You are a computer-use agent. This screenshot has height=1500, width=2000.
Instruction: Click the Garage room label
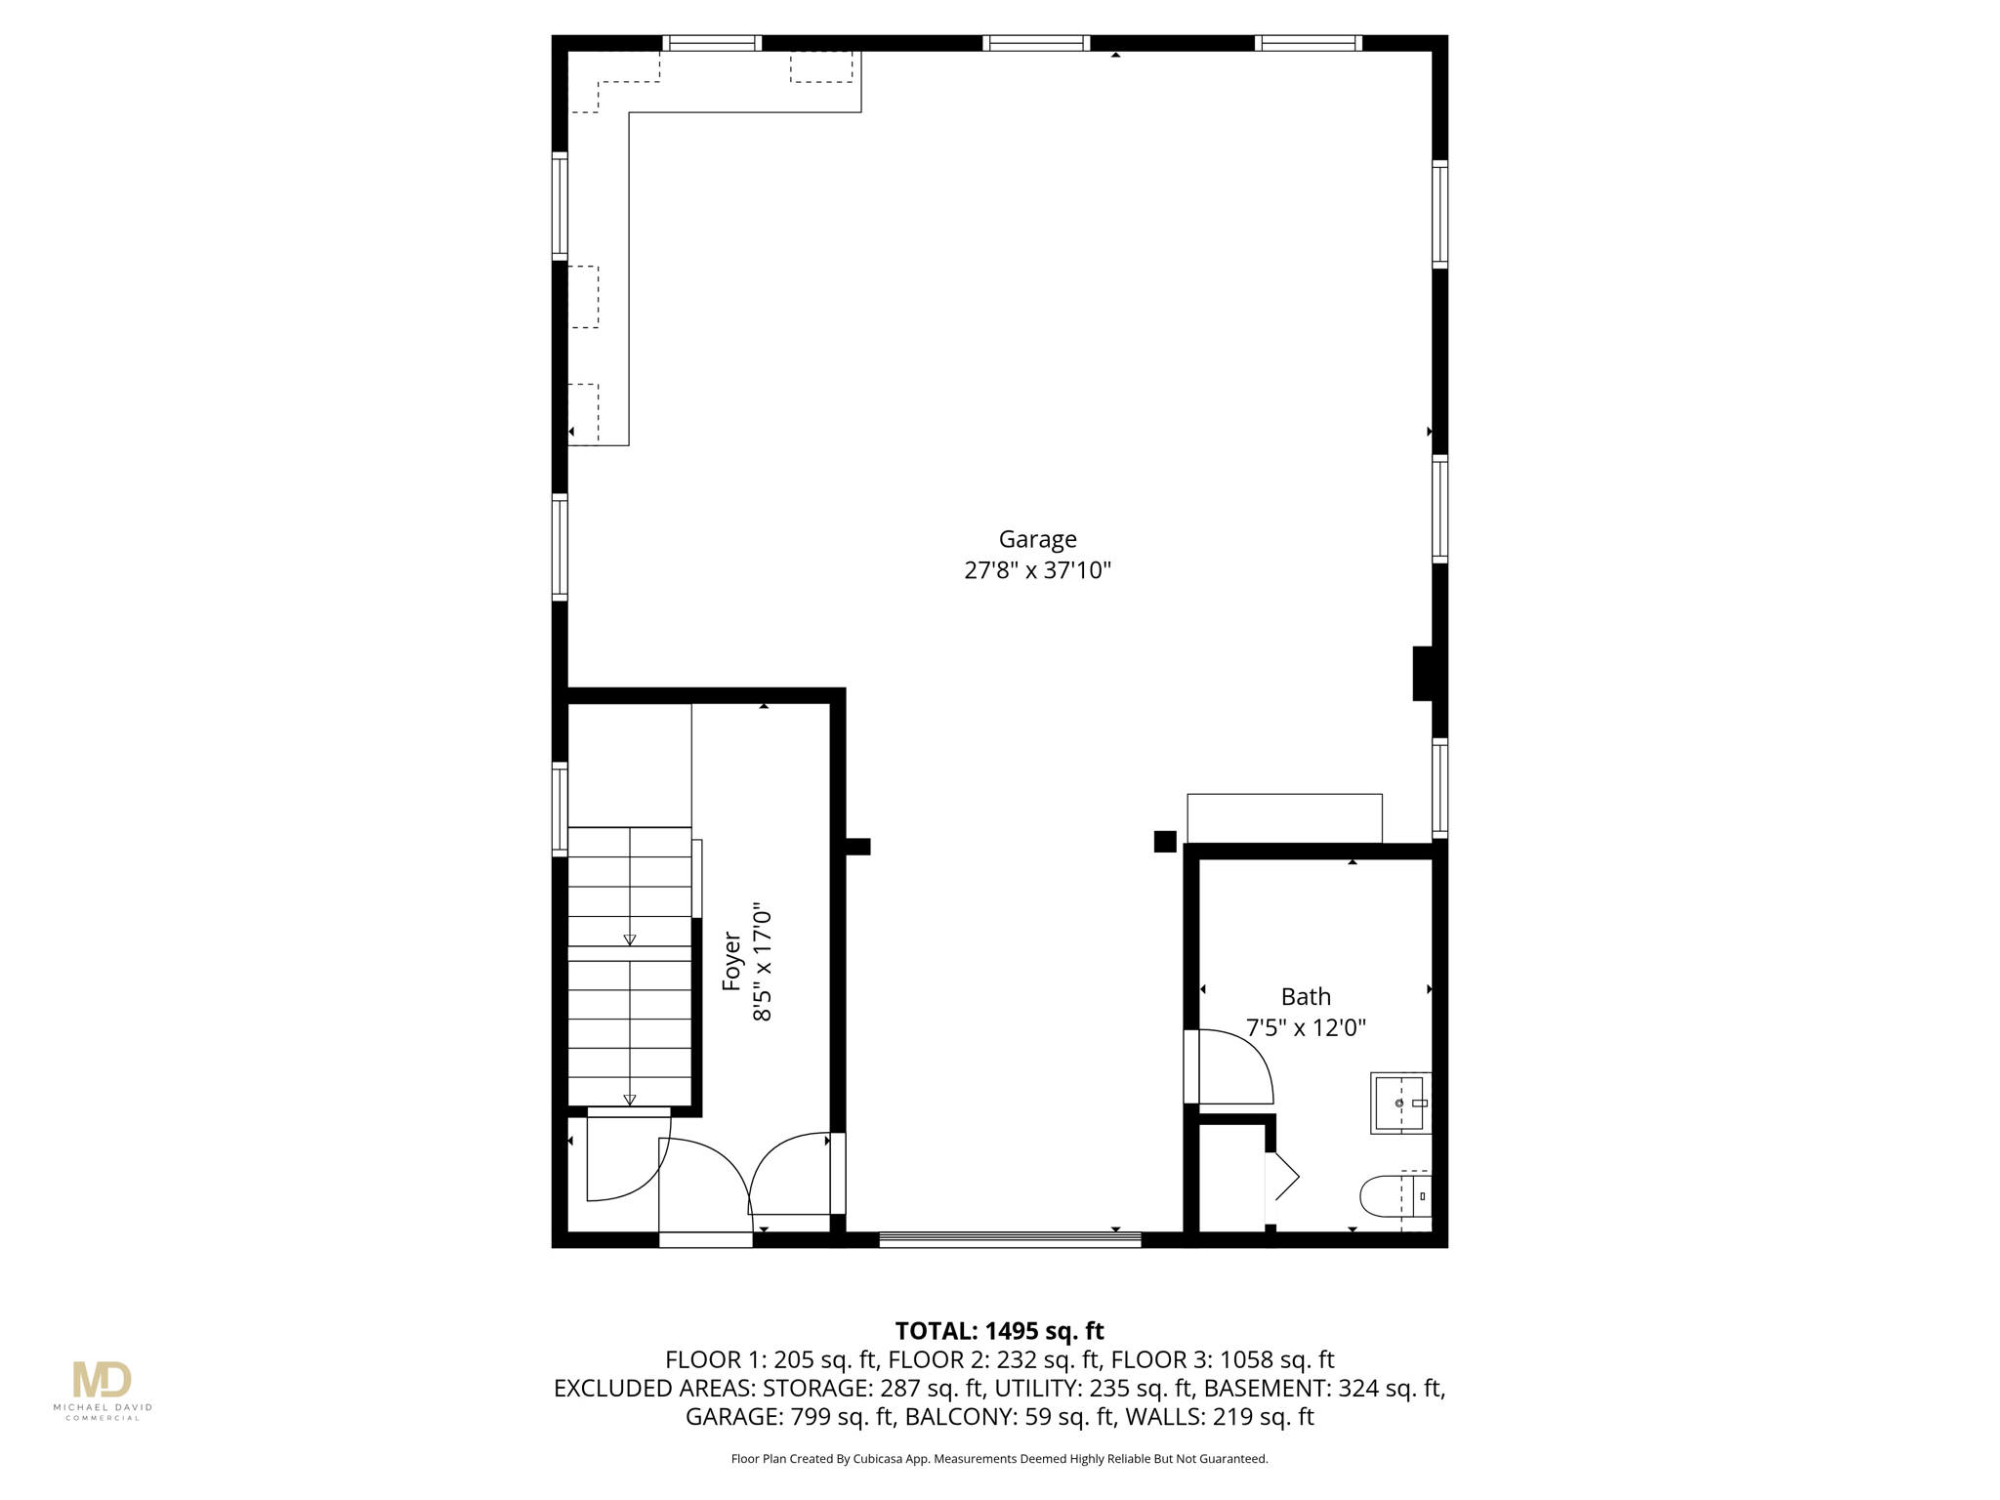[x=1037, y=539]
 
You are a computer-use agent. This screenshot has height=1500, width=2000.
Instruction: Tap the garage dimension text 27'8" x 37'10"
[x=1037, y=570]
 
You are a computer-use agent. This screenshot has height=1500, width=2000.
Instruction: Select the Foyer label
[x=731, y=962]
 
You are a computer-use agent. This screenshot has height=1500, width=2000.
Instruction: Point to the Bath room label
[x=1306, y=997]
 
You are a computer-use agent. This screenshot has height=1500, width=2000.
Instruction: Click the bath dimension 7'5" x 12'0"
[x=1306, y=1028]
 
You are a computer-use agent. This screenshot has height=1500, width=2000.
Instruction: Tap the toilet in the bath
[x=1396, y=1196]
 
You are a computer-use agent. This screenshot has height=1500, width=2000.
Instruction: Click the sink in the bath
[x=1401, y=1103]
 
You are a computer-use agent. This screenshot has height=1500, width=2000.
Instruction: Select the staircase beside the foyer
[x=630, y=967]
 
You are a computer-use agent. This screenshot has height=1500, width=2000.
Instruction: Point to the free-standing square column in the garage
[x=1165, y=841]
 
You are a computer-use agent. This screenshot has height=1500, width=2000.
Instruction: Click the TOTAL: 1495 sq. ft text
[x=999, y=1331]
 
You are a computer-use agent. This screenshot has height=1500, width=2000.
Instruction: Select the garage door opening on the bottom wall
[x=1010, y=1240]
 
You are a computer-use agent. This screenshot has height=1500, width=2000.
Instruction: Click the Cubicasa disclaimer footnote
[x=999, y=1459]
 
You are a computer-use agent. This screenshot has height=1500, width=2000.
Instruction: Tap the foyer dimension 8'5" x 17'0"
[x=763, y=962]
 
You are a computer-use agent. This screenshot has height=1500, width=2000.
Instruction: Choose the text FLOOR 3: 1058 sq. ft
[x=1222, y=1359]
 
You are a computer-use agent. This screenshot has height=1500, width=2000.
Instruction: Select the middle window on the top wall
[x=1036, y=43]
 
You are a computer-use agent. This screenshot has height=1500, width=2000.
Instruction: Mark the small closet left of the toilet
[x=1231, y=1179]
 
